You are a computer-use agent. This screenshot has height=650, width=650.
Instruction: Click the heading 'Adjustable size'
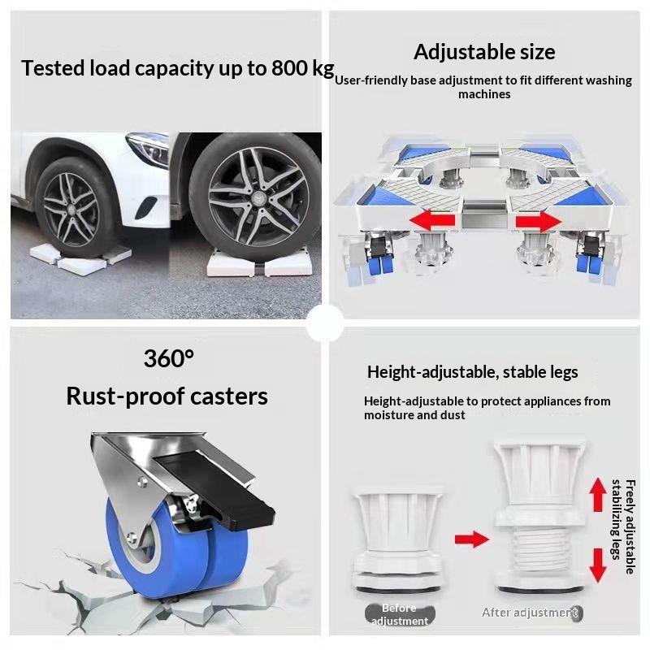point(484,53)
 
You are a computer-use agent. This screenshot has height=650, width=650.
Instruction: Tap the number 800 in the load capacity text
point(290,68)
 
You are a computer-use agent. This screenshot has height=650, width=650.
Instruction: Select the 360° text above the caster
point(169,358)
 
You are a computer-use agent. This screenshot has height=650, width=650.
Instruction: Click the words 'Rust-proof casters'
point(167,396)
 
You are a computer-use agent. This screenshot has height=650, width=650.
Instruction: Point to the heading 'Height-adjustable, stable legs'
point(473,372)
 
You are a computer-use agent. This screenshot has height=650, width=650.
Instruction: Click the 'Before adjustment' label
point(400,614)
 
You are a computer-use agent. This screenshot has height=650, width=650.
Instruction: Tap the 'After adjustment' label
point(532,613)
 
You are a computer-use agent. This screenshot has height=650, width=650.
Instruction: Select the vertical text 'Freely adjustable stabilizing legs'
point(623,526)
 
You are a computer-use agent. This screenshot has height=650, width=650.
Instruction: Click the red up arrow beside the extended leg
point(598,495)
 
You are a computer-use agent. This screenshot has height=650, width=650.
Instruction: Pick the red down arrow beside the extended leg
point(598,565)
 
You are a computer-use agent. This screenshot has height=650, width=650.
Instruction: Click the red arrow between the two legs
point(472,539)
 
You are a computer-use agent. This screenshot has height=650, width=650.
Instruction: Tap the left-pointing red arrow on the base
point(432,220)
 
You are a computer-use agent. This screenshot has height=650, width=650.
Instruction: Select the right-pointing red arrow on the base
point(539,221)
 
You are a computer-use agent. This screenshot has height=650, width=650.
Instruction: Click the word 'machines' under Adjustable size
point(484,94)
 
